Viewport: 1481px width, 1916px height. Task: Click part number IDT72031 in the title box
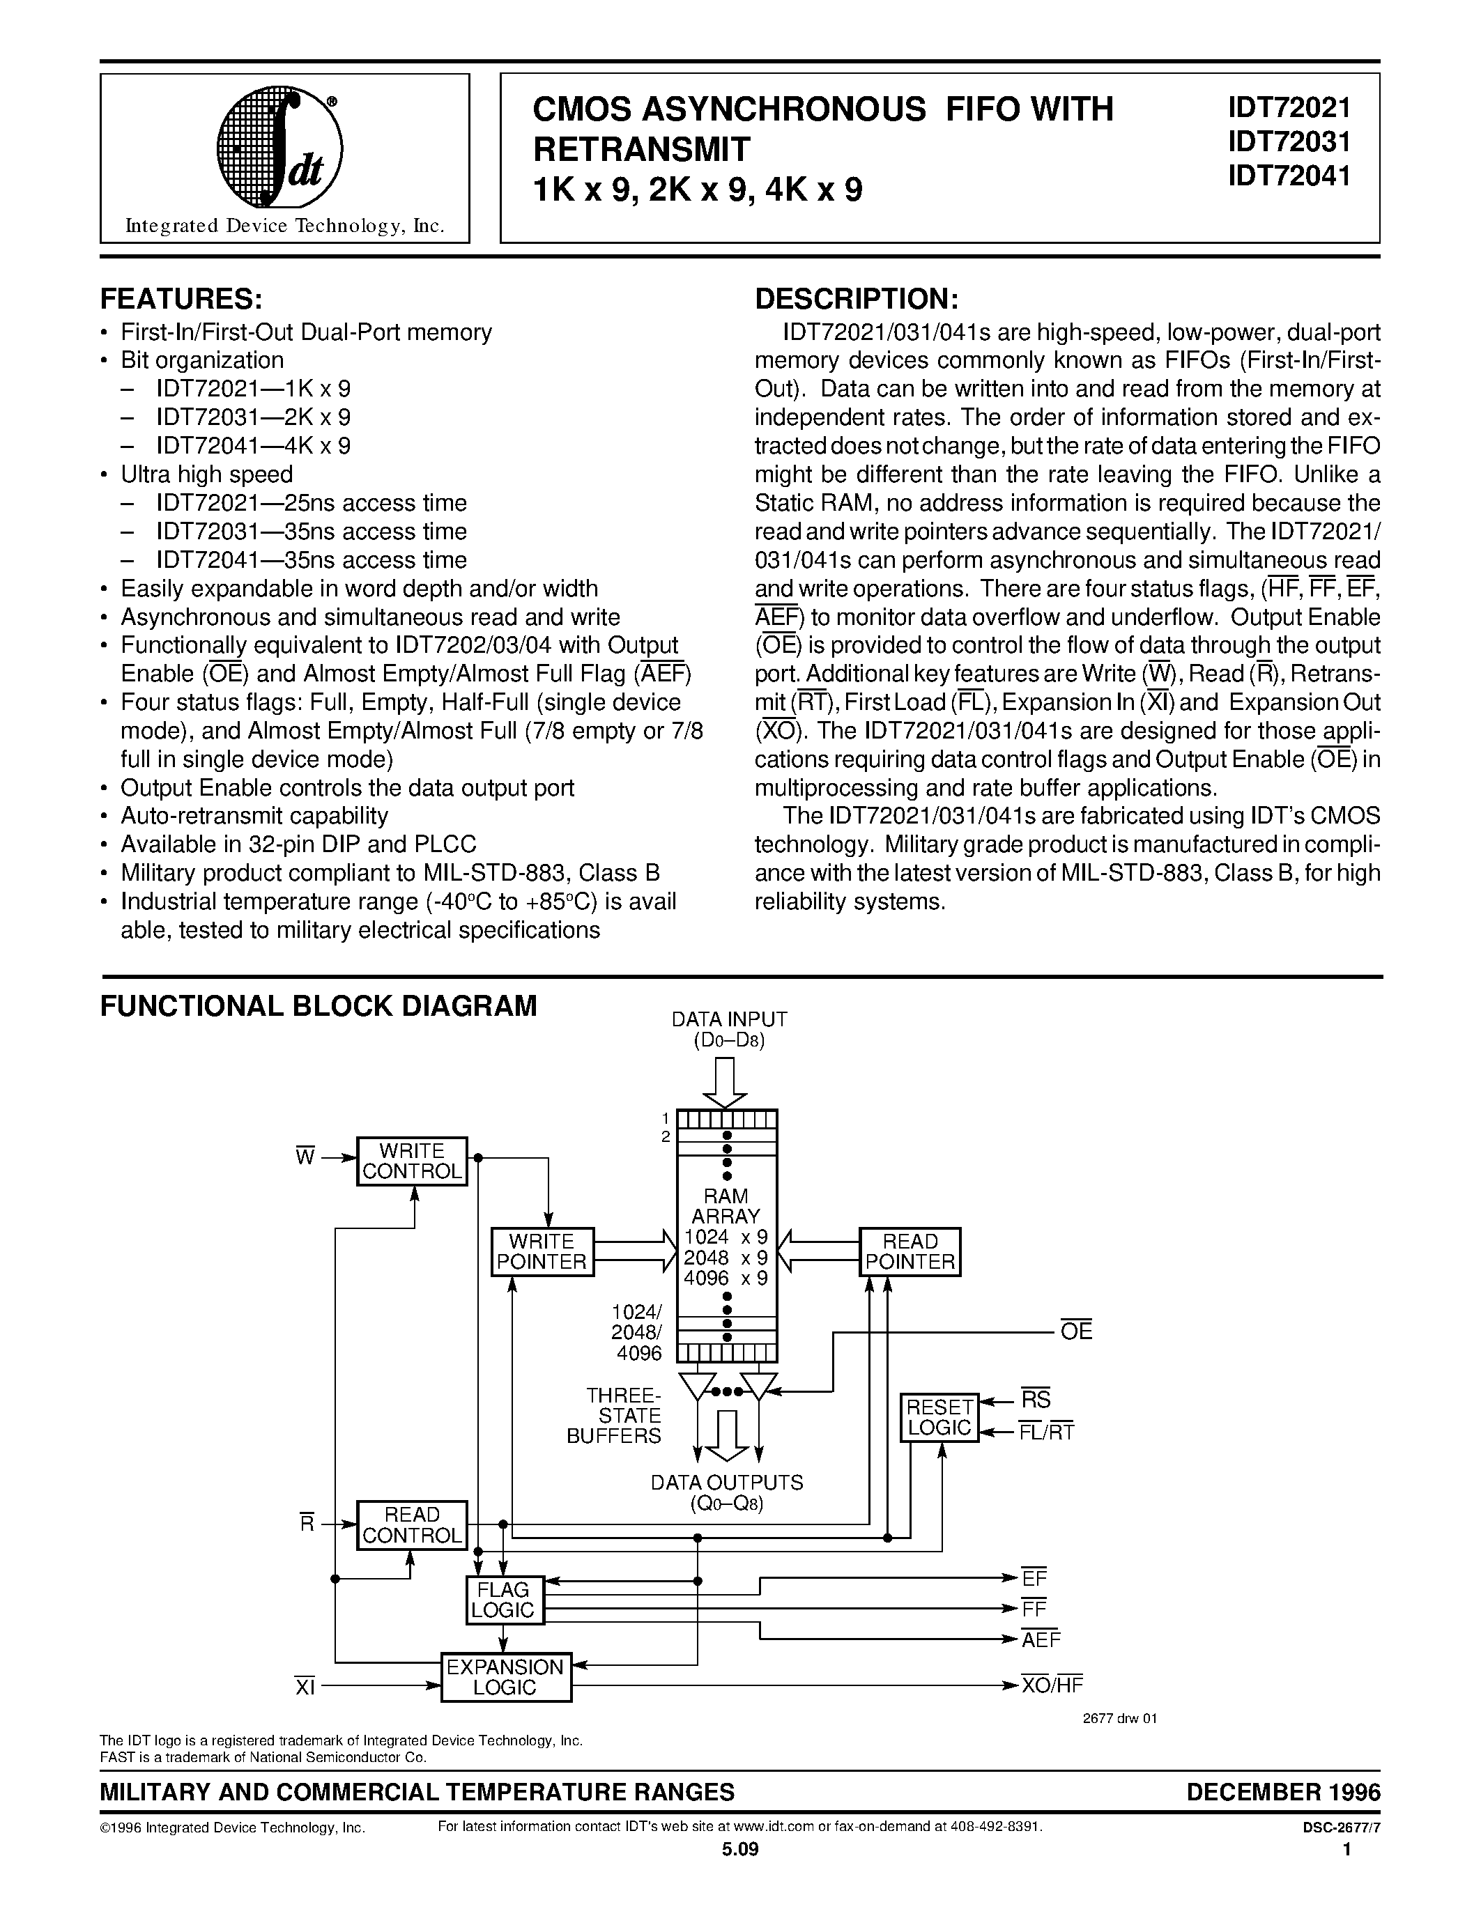click(1288, 142)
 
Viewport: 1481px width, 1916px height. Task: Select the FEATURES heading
click(181, 299)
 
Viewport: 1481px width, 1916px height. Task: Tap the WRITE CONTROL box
click(411, 1161)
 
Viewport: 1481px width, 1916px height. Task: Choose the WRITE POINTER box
click(542, 1252)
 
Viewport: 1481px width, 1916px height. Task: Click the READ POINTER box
click(909, 1252)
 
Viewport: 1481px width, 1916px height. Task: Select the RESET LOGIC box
click(939, 1417)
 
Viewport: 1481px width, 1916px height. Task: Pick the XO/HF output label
click(1052, 1685)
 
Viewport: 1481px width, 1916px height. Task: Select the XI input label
click(305, 1686)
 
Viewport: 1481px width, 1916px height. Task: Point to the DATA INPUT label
click(728, 1019)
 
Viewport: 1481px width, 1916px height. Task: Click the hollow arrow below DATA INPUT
click(726, 1083)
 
